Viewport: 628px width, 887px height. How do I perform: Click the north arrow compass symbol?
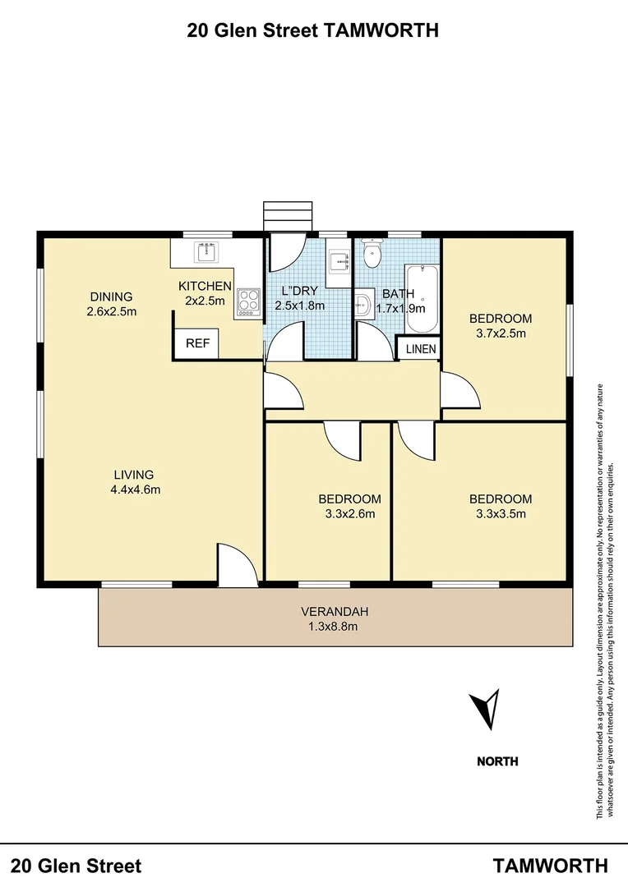point(484,709)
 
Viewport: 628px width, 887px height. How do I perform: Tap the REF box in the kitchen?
point(197,344)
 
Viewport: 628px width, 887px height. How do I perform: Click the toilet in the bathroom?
point(372,254)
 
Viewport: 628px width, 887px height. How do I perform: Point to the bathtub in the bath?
point(420,296)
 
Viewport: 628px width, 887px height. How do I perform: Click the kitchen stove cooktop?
point(247,303)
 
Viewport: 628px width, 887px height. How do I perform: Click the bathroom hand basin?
point(362,306)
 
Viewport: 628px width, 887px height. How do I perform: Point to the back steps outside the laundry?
point(288,216)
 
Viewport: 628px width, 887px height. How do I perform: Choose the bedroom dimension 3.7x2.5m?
point(500,333)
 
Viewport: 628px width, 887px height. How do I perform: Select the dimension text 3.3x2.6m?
point(349,514)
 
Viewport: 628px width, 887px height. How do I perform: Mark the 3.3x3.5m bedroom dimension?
point(500,514)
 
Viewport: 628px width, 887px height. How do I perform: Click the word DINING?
point(111,296)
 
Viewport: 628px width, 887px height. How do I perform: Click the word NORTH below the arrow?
point(497,761)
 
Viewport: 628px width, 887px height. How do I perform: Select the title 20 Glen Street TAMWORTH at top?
point(313,31)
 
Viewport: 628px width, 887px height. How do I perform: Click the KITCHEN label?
point(205,286)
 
